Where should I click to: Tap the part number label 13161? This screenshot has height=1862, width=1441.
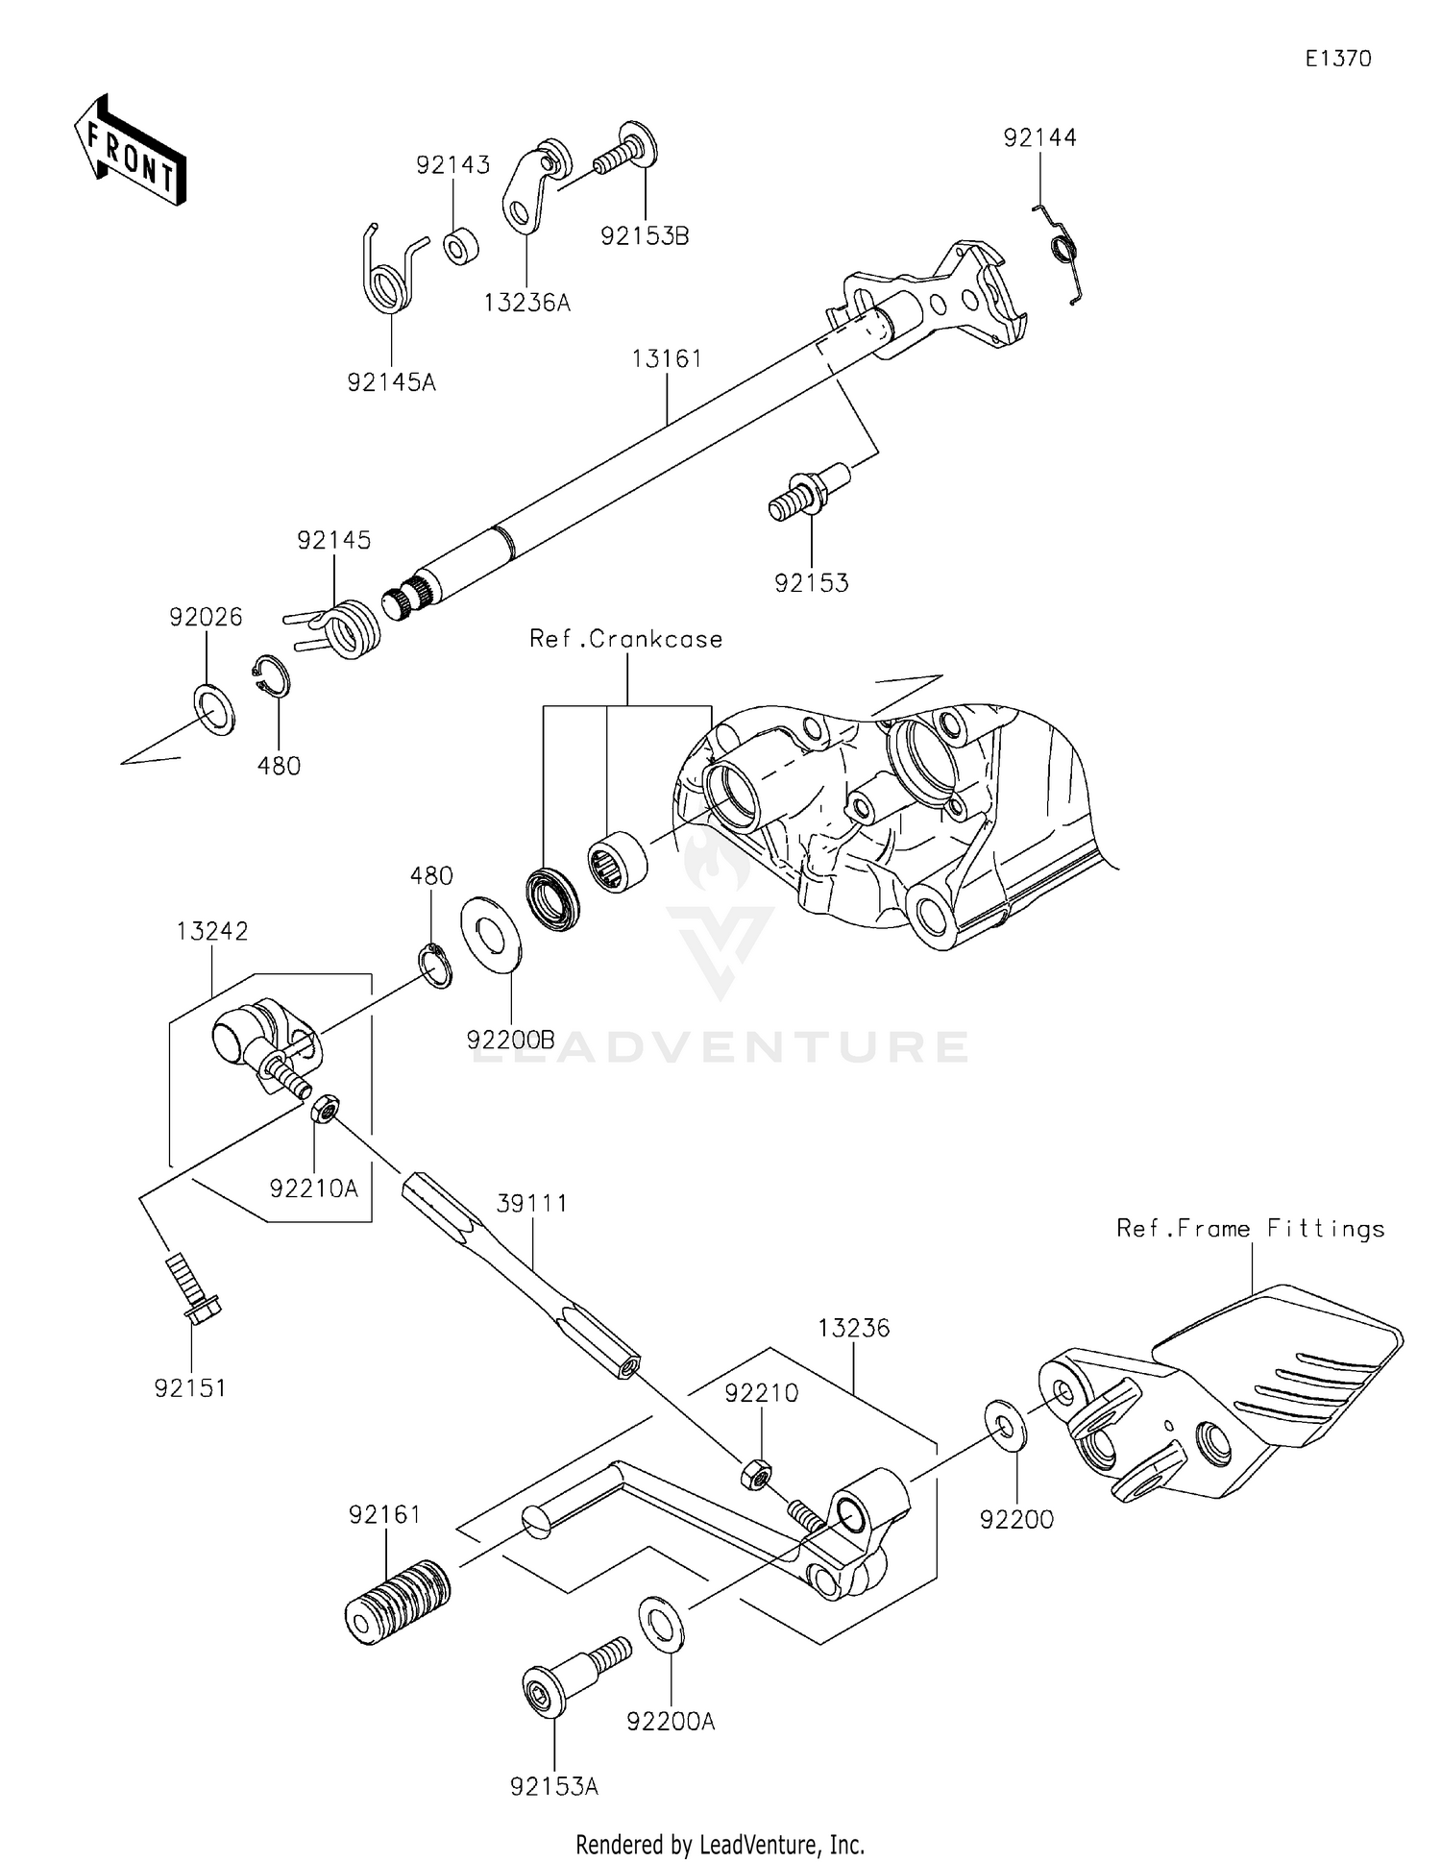(667, 358)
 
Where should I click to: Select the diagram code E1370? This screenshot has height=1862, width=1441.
(1338, 59)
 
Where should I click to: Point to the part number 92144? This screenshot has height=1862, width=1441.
(1039, 137)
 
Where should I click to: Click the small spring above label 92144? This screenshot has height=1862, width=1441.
(1063, 252)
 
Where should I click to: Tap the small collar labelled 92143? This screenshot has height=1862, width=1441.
(461, 245)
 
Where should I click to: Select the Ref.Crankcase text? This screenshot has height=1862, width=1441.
(626, 639)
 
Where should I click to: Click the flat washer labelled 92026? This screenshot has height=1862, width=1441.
(214, 710)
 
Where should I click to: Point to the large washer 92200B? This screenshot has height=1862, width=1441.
(491, 933)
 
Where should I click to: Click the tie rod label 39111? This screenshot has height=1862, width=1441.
(532, 1204)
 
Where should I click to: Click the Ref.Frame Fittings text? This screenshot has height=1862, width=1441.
(1250, 1229)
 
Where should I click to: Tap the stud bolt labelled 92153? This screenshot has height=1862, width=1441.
(804, 493)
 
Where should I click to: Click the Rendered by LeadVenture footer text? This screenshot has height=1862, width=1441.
(720, 1844)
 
